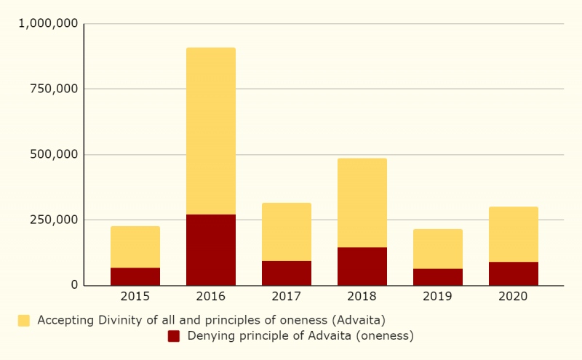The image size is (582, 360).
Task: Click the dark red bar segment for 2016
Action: (x=211, y=249)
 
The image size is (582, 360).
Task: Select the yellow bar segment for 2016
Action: (x=211, y=131)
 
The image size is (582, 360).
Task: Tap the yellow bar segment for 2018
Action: (x=362, y=203)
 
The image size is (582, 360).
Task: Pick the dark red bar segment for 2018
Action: (x=362, y=266)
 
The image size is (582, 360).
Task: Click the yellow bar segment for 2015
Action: (x=135, y=247)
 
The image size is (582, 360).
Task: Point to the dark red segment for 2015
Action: (x=135, y=276)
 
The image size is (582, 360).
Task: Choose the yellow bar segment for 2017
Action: (x=287, y=232)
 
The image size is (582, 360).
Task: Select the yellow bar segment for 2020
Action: (x=514, y=234)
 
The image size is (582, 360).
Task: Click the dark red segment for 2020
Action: (x=514, y=273)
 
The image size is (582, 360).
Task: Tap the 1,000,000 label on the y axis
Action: (x=49, y=24)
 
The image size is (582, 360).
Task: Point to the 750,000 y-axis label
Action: (x=55, y=89)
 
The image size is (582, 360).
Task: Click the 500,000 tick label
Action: (x=55, y=154)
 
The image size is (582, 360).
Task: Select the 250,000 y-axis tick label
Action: (x=55, y=220)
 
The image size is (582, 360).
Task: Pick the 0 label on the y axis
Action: (x=74, y=285)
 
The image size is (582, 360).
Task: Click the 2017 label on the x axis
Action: (x=287, y=297)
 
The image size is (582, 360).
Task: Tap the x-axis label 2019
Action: (x=438, y=297)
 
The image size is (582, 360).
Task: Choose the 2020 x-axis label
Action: (x=514, y=297)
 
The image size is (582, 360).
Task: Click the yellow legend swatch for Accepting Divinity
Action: (x=24, y=320)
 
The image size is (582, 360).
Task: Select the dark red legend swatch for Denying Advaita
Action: (x=174, y=336)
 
